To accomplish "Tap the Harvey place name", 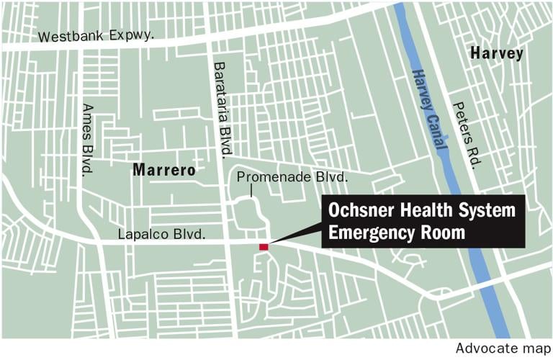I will [496, 53].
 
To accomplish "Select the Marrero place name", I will [163, 171].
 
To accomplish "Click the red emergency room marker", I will [264, 247].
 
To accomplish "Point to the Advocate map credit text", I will [501, 348].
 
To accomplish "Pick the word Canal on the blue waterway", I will [439, 132].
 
